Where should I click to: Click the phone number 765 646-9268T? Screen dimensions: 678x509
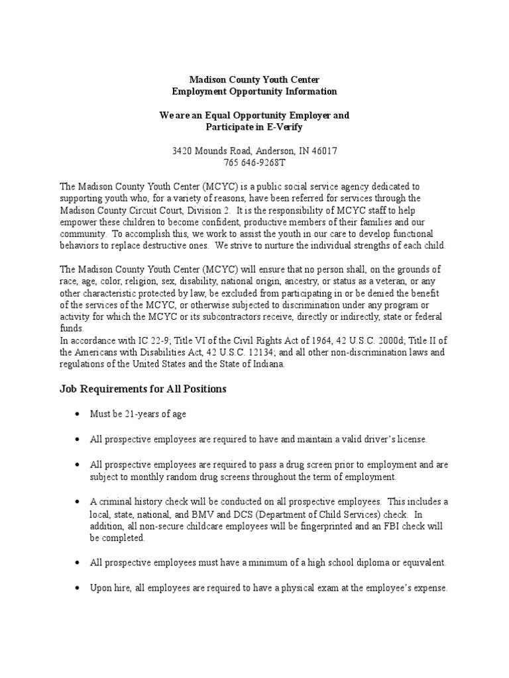tap(254, 162)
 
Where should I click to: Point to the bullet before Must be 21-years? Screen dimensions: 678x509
tap(77, 414)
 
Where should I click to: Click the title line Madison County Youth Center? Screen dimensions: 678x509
tap(254, 79)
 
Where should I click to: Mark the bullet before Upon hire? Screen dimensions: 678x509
tap(77, 588)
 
